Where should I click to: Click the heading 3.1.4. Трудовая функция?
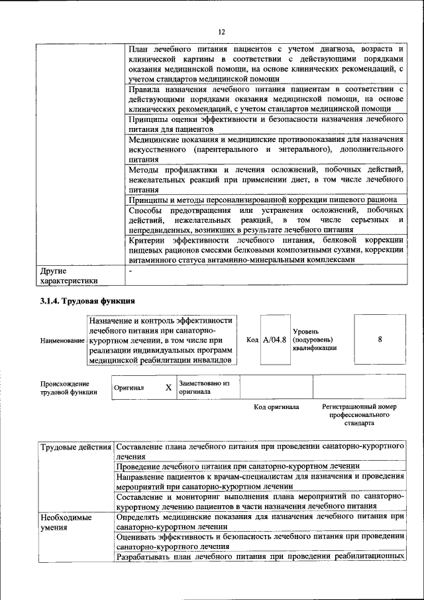click(88, 301)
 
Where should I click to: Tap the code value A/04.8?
click(274, 339)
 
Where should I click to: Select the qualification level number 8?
click(380, 339)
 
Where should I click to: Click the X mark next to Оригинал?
click(168, 388)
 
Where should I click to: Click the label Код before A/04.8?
click(252, 339)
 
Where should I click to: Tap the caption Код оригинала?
click(276, 406)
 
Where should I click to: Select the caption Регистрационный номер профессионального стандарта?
click(359, 414)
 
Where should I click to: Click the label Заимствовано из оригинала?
click(203, 387)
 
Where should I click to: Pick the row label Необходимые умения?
click(66, 521)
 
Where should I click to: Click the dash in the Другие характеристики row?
click(131, 271)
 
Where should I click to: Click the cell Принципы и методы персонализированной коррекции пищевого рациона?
click(262, 200)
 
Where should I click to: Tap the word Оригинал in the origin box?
click(129, 388)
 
